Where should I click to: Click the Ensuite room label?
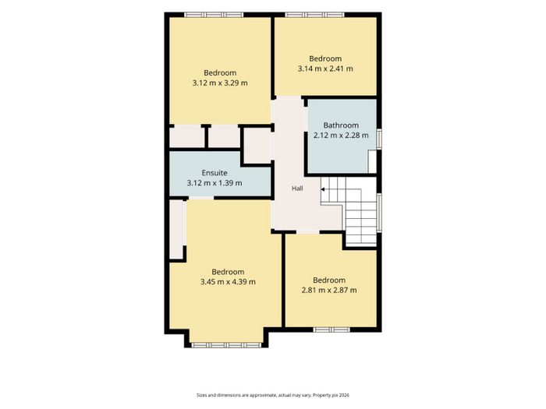(x=214, y=173)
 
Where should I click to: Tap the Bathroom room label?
(x=341, y=125)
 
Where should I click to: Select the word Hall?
(x=297, y=189)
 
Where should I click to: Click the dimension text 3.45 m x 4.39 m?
(x=228, y=282)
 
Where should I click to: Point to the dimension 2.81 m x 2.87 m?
(x=329, y=290)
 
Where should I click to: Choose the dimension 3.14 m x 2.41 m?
(x=325, y=69)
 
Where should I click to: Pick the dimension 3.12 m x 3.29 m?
(x=220, y=83)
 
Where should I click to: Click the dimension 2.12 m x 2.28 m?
(x=341, y=136)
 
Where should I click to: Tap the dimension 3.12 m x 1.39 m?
(x=214, y=183)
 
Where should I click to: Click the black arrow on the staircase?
(x=323, y=189)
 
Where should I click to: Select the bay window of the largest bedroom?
(x=226, y=345)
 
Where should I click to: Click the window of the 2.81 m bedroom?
(x=331, y=330)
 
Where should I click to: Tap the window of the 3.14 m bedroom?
(x=315, y=15)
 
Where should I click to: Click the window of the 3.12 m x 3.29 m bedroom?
(x=214, y=15)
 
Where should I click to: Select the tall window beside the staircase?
(x=380, y=212)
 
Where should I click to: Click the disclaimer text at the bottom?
(x=273, y=395)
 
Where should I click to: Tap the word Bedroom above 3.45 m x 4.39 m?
(x=228, y=272)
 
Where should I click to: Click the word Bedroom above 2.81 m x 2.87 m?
(x=329, y=280)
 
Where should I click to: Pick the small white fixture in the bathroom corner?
(x=372, y=161)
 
